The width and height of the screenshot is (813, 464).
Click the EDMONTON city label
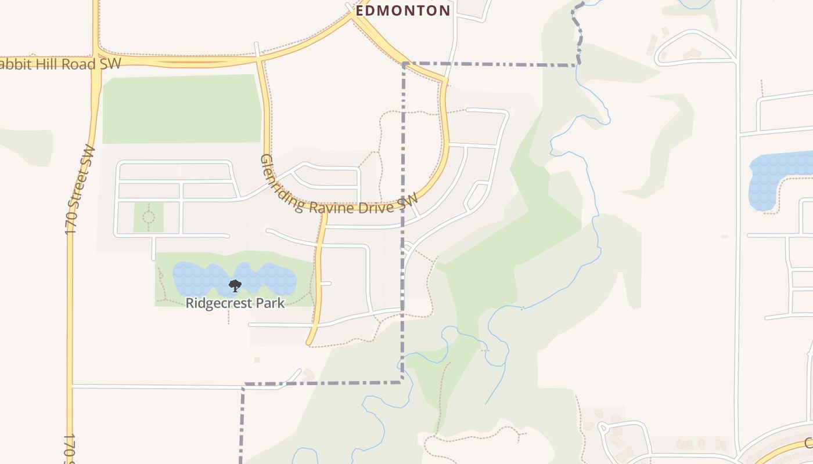(x=403, y=10)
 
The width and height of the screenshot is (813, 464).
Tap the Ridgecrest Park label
(x=235, y=303)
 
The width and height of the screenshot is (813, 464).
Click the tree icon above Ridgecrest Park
(x=235, y=285)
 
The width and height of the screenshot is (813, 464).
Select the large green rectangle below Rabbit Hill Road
(x=182, y=108)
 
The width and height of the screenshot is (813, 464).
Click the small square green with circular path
(x=149, y=217)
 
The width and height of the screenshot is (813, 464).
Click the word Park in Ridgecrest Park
(x=272, y=303)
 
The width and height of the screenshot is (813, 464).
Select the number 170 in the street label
(x=73, y=217)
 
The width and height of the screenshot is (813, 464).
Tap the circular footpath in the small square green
(x=149, y=217)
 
